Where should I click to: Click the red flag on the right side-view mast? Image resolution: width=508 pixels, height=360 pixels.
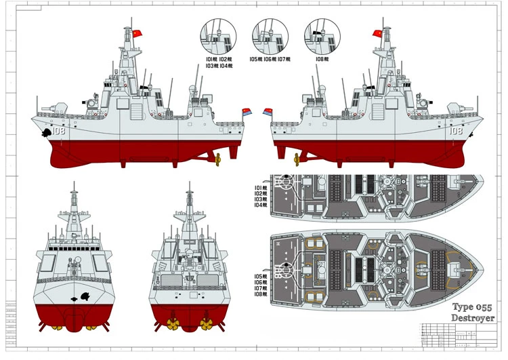click(x=377, y=33)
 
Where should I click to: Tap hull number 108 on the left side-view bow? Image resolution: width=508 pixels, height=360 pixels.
click(x=58, y=132)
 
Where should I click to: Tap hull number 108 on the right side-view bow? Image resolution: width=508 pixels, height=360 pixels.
click(x=454, y=132)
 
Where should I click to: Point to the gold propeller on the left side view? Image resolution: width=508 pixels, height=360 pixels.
click(x=219, y=160)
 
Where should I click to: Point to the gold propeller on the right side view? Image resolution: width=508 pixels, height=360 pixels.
click(x=295, y=160)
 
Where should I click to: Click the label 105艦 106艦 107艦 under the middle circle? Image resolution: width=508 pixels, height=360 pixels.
click(x=269, y=60)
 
